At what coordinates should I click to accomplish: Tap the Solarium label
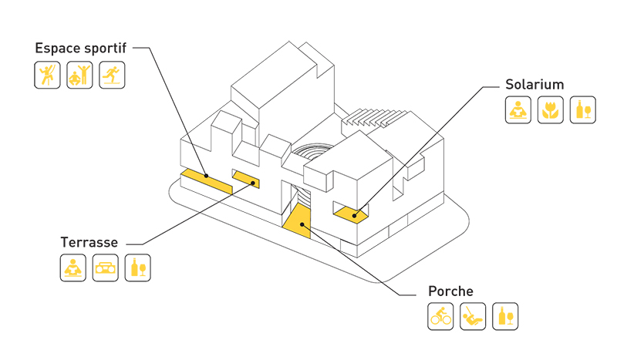(534, 84)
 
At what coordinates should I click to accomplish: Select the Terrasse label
(89, 242)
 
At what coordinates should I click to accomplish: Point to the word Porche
(450, 291)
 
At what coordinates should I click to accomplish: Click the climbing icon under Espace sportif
(48, 75)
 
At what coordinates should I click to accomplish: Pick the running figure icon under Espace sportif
(111, 75)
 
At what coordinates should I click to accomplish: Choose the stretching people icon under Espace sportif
(79, 75)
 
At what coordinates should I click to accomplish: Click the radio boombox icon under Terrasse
(106, 268)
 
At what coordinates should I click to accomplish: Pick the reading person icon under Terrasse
(73, 268)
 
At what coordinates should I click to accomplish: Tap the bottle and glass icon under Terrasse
(138, 268)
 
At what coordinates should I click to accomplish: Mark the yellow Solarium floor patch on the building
(351, 213)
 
